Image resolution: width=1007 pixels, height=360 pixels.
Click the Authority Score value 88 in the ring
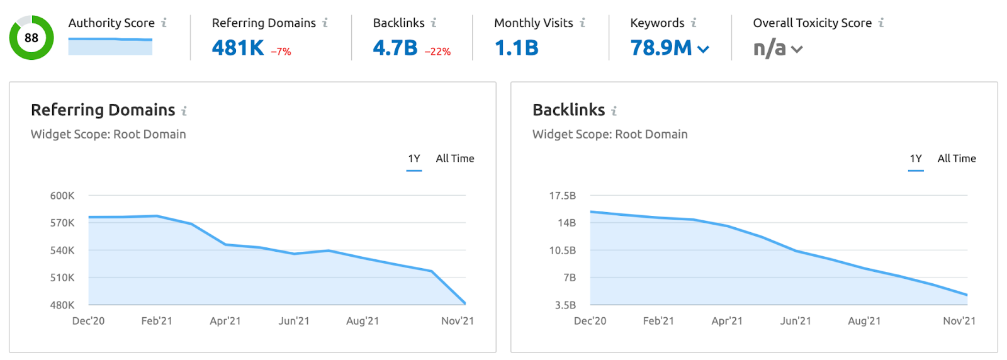pos(31,38)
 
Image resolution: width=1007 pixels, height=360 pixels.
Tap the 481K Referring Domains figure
pos(238,48)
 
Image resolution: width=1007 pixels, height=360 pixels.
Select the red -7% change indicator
pos(281,52)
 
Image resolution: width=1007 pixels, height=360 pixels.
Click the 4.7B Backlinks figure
pos(395,48)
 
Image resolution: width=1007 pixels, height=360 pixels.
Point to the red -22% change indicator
pos(437,52)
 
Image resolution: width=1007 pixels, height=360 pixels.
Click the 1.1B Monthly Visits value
pos(517,48)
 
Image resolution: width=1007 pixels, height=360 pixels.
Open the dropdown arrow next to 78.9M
pos(704,49)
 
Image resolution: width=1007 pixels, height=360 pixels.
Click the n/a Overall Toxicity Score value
pos(769,48)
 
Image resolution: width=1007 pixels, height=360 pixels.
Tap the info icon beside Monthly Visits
pos(583,23)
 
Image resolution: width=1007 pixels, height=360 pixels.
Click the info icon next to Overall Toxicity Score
pos(881,23)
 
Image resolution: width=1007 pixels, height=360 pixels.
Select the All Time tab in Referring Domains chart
pos(455,159)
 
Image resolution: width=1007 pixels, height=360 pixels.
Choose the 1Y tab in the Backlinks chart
pos(916,159)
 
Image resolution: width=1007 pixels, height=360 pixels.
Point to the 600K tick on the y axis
pos(62,196)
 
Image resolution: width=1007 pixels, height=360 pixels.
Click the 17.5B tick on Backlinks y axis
pos(563,196)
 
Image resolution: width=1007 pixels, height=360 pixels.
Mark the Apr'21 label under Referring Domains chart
pos(225,321)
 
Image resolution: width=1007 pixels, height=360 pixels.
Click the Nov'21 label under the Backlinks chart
pos(959,321)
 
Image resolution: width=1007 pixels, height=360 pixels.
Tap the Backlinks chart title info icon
pos(614,111)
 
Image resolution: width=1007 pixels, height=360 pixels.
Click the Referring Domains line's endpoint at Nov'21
pos(465,304)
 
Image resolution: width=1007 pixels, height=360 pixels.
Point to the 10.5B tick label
pos(563,250)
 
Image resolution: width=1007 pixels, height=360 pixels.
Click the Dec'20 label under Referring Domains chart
pos(89,321)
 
